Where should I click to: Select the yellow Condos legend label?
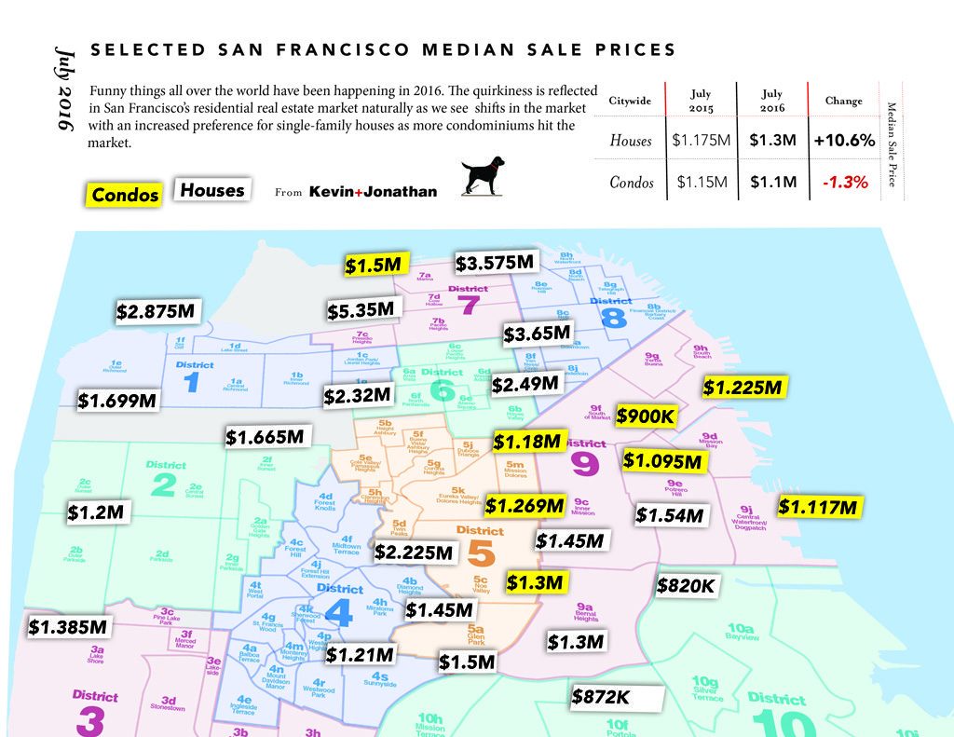[125, 194]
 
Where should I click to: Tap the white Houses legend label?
[212, 190]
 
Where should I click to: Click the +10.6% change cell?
[843, 142]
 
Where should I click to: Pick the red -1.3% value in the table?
[845, 183]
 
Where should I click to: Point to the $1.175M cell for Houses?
[700, 142]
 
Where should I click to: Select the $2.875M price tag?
[155, 312]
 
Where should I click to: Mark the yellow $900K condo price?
[645, 416]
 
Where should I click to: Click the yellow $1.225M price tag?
[744, 387]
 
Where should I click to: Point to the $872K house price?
[602, 696]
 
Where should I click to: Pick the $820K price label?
[686, 585]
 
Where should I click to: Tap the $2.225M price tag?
[414, 552]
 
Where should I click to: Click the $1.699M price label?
[117, 400]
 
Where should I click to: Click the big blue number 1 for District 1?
[192, 382]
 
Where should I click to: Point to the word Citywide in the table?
[630, 101]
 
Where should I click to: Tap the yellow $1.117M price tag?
[817, 507]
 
